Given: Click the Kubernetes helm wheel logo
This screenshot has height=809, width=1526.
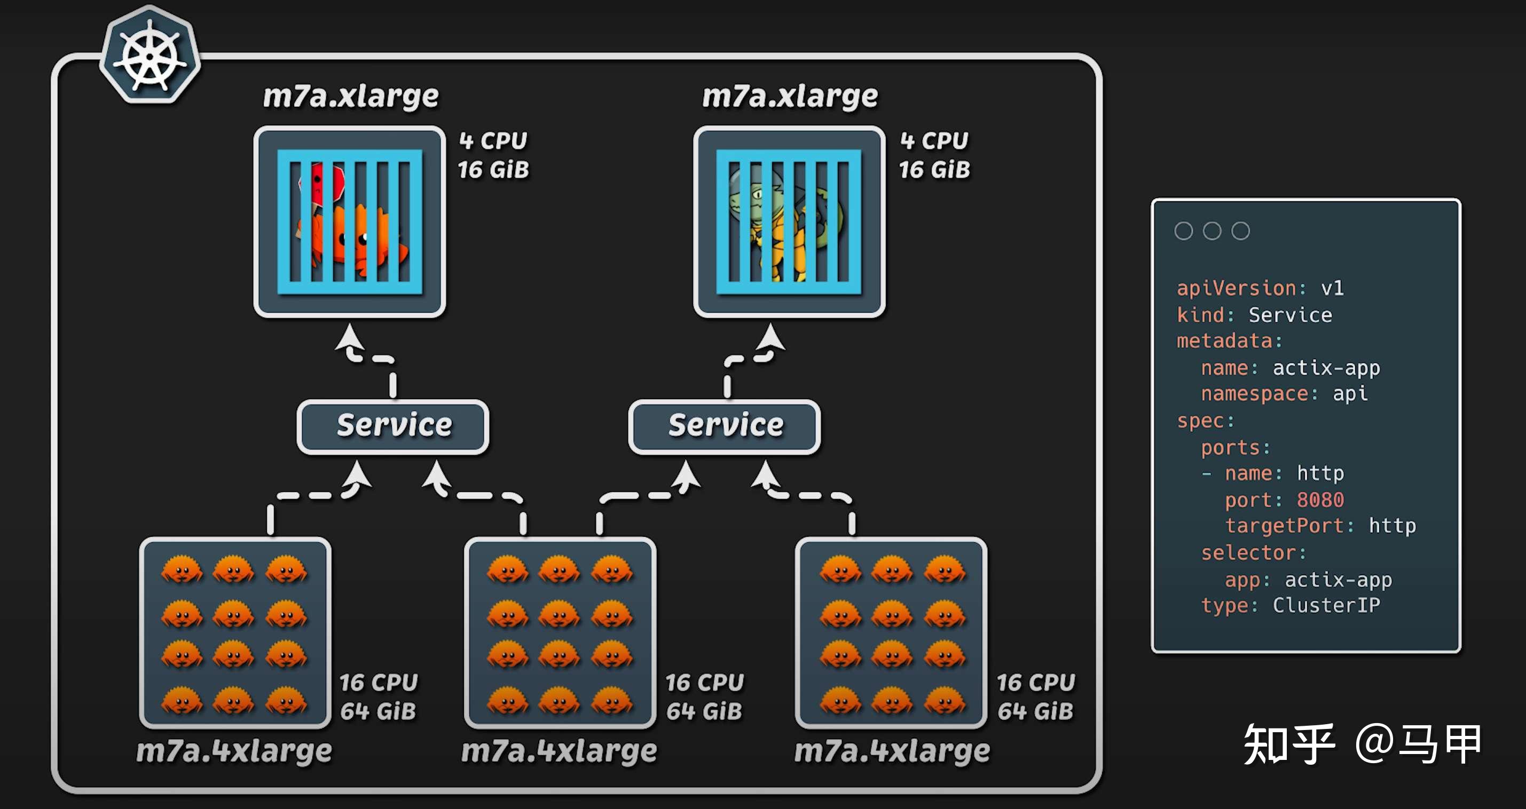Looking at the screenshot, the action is (150, 55).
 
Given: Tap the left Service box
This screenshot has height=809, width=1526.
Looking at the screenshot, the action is (393, 426).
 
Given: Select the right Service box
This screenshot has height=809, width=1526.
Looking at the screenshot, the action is (725, 426).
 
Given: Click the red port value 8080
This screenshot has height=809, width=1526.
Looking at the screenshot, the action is (1320, 500).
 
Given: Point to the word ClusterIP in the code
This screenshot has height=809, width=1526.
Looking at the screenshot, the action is (1326, 605).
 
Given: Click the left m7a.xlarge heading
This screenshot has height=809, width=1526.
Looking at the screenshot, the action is (351, 96).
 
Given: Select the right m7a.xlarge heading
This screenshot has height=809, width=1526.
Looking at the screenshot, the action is (790, 96).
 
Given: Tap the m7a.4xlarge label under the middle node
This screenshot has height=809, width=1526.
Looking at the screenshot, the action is (559, 751).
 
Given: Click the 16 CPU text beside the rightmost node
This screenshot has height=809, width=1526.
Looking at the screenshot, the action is (1035, 683).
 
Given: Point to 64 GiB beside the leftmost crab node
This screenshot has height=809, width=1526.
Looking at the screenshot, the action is (378, 711).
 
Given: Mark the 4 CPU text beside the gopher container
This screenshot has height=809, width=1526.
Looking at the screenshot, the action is (934, 141).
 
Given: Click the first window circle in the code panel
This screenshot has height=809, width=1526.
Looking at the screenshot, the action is (1184, 231).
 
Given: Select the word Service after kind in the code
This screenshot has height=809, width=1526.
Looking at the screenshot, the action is (1290, 315).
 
